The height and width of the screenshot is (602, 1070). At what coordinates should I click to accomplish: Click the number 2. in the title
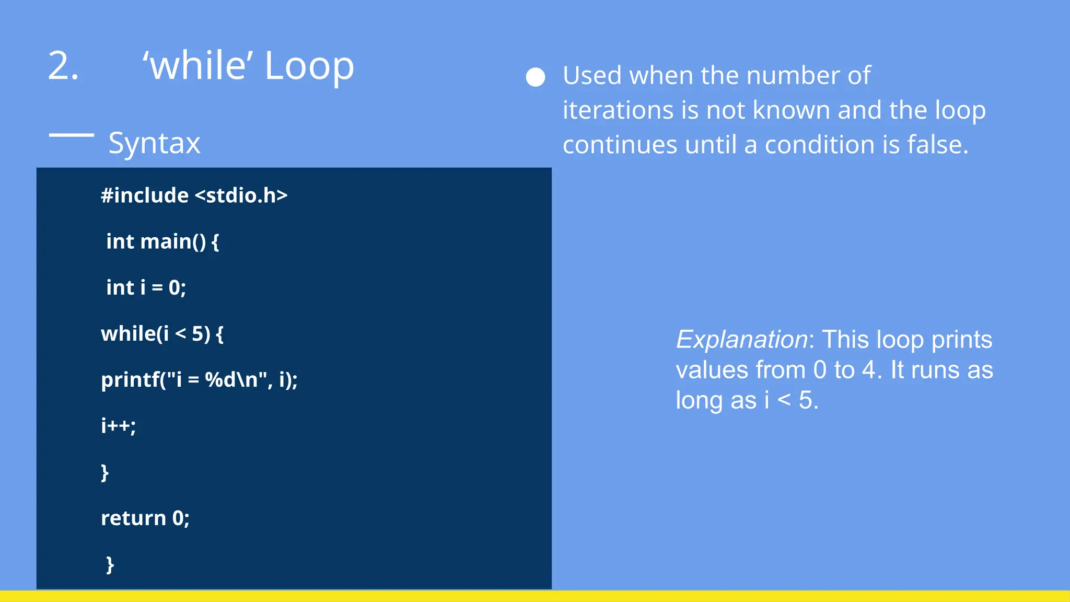[63, 66]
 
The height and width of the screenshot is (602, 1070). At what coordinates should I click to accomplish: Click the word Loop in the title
[309, 66]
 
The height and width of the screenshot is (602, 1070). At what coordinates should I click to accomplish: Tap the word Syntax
[154, 143]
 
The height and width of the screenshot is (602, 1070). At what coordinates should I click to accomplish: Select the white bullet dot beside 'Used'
[536, 77]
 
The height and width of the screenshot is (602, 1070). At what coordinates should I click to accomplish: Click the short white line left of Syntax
[72, 135]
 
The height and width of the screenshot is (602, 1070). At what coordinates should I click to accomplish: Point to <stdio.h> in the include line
[241, 195]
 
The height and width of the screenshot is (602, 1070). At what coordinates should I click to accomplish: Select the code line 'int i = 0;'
[146, 287]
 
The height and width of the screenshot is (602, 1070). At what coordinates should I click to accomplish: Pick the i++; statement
[118, 426]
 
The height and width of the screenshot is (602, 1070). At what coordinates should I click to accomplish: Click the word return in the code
[133, 518]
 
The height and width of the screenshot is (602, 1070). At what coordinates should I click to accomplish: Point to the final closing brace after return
[110, 565]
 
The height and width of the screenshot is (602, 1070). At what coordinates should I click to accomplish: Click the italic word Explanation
[742, 340]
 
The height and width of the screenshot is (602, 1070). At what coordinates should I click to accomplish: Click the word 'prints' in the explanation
[962, 340]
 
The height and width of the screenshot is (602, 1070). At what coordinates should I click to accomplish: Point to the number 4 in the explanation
[868, 370]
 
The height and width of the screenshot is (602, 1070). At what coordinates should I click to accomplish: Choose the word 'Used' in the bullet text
[592, 76]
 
